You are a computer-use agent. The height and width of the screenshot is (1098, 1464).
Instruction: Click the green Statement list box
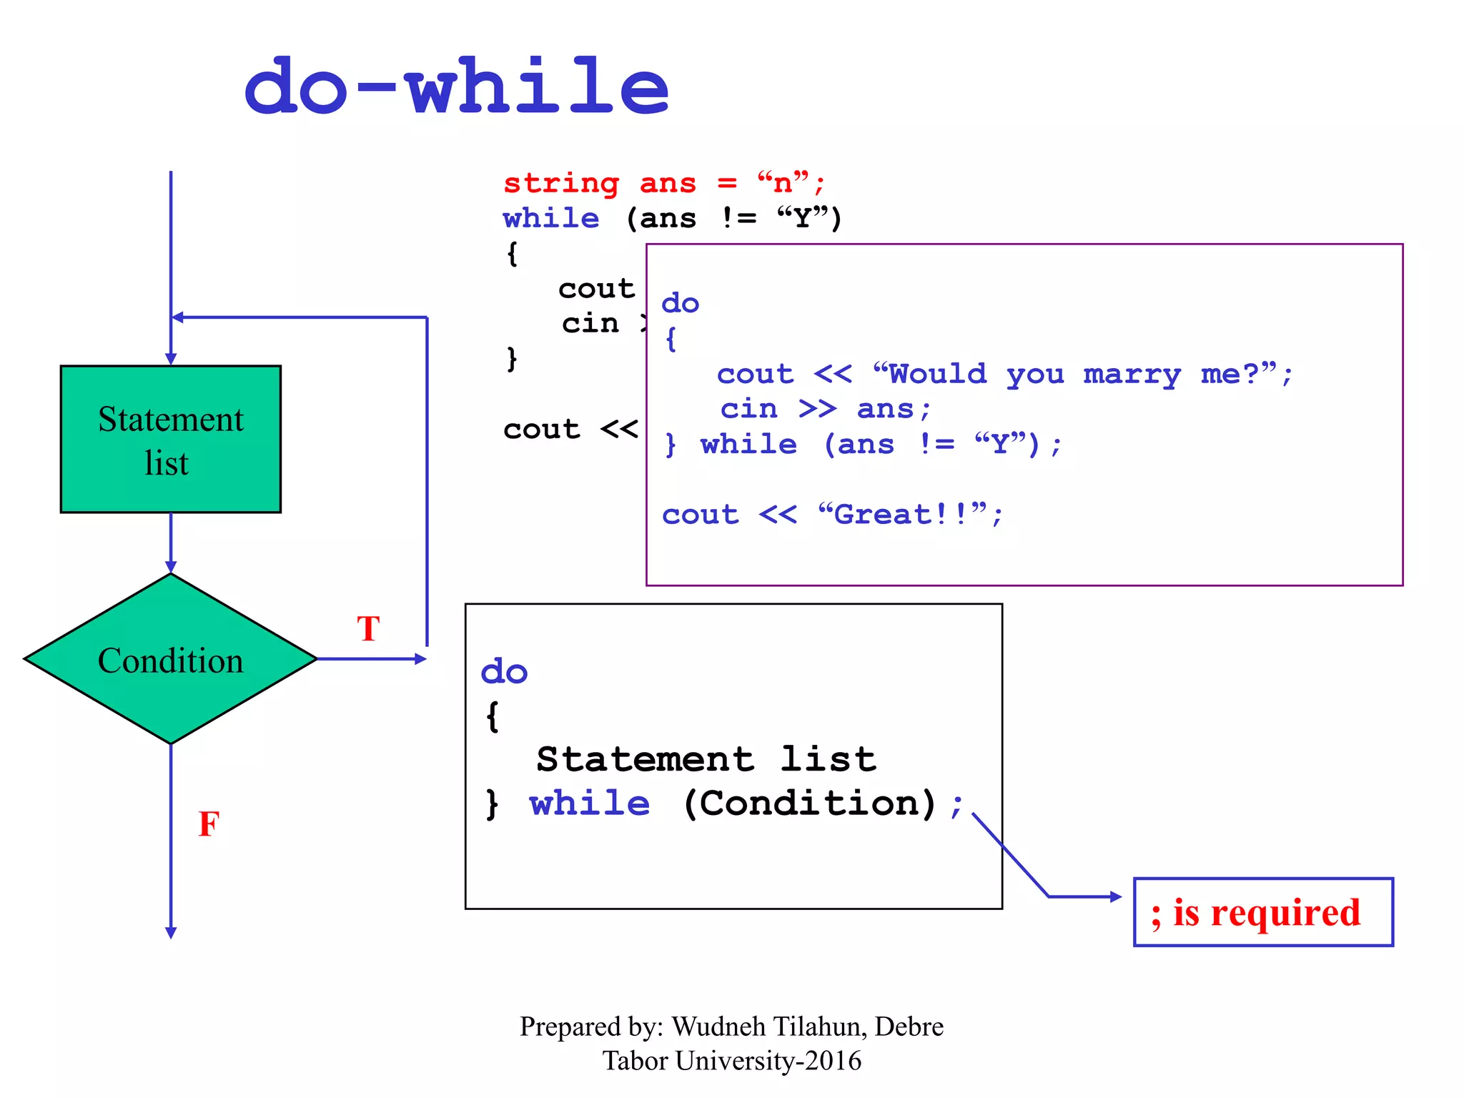pyautogui.click(x=170, y=439)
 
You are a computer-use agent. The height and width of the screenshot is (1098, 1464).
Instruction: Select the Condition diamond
pyautogui.click(x=170, y=659)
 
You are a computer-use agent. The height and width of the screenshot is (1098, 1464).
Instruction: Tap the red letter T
pyautogui.click(x=368, y=629)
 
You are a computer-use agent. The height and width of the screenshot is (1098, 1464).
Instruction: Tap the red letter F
pyautogui.click(x=209, y=824)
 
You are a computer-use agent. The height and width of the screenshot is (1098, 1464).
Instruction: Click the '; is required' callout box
pyautogui.click(x=1263, y=912)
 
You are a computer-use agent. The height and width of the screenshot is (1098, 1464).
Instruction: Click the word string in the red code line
pyautogui.click(x=561, y=184)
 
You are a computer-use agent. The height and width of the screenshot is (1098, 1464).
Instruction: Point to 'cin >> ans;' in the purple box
pyautogui.click(x=825, y=409)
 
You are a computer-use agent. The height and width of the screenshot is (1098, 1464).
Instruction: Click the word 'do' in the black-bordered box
pyautogui.click(x=504, y=672)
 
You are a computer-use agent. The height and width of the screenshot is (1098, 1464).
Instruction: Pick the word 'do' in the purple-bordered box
pyautogui.click(x=680, y=303)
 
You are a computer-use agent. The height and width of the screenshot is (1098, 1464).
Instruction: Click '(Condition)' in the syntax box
pyautogui.click(x=809, y=803)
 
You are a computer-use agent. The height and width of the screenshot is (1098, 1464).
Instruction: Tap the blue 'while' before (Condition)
pyautogui.click(x=590, y=803)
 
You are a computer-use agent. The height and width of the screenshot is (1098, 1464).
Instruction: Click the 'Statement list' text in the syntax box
pyautogui.click(x=706, y=759)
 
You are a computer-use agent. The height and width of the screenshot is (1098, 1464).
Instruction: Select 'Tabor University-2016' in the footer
pyautogui.click(x=731, y=1061)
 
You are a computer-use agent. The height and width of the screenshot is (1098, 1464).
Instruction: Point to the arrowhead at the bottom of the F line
pyautogui.click(x=171, y=933)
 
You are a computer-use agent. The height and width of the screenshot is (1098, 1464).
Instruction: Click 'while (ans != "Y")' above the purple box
pyautogui.click(x=672, y=218)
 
